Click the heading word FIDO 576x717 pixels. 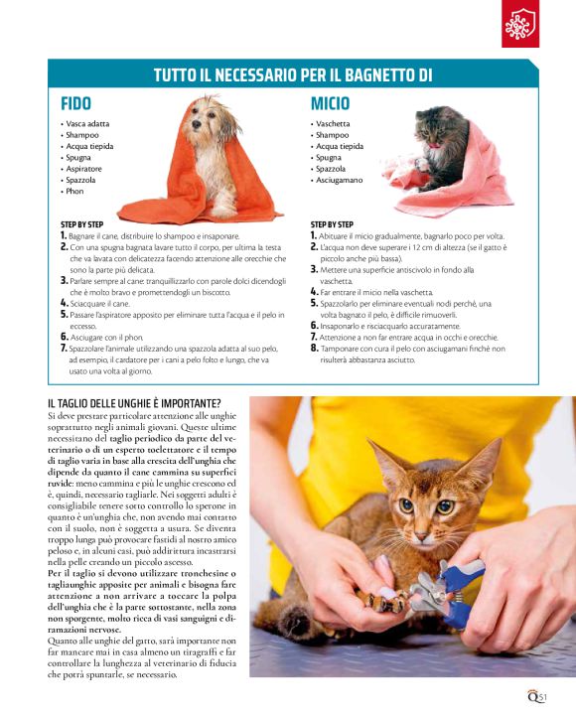click(x=75, y=103)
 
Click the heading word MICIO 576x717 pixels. click(x=330, y=103)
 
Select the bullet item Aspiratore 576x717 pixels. click(x=83, y=169)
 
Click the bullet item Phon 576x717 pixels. click(x=74, y=191)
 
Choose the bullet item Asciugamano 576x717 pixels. click(x=340, y=180)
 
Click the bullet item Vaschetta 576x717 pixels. click(x=333, y=124)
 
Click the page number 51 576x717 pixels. click(x=542, y=697)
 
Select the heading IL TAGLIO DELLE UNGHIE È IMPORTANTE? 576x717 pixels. click(x=134, y=403)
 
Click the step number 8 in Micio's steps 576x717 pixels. click(x=314, y=348)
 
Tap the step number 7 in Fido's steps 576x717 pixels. click(x=64, y=348)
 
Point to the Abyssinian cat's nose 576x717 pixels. click(x=421, y=536)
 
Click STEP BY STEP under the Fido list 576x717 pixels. click(x=81, y=224)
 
